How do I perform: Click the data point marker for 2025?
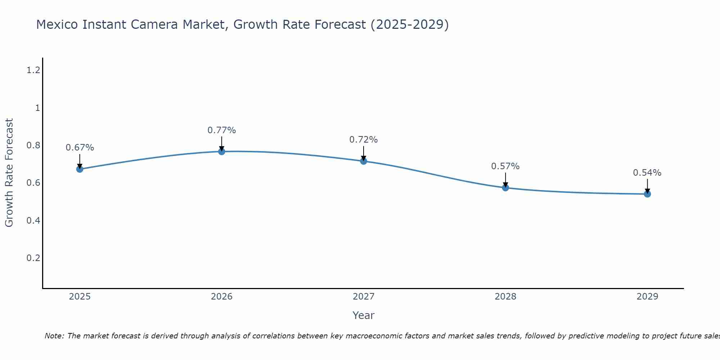80,169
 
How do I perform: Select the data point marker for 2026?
222,152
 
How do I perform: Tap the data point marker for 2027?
364,161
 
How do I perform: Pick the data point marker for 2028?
505,188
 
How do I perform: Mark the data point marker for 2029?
647,194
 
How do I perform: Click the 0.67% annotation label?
80,148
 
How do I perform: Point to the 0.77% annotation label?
222,130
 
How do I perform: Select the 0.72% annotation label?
364,140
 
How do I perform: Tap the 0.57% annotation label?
505,166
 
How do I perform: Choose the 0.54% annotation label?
647,173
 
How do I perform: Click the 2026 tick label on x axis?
222,297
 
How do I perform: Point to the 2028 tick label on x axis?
505,297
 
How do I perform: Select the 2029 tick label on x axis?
647,297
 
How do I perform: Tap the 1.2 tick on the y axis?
33,70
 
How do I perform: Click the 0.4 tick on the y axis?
33,220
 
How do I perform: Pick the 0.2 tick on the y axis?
33,258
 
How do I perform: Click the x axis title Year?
364,315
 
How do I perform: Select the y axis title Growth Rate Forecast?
9,173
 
